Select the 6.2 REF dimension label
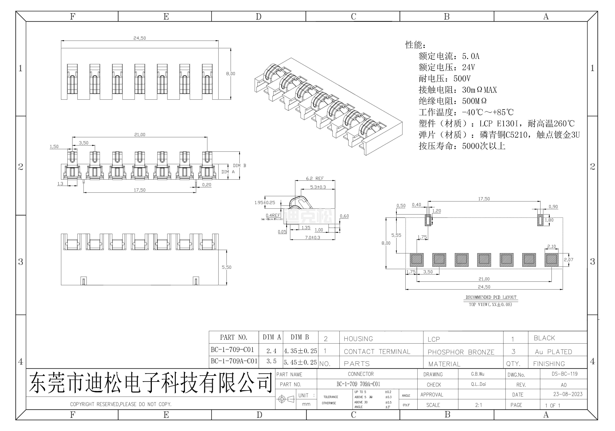coord(315,179)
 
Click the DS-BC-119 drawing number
coord(564,374)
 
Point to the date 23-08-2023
coord(568,394)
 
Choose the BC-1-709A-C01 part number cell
coord(234,361)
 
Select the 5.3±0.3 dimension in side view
coord(318,187)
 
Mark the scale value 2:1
coord(478,405)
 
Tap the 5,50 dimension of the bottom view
coord(227,267)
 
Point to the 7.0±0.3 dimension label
coord(313,237)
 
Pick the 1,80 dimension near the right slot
coord(549,220)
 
